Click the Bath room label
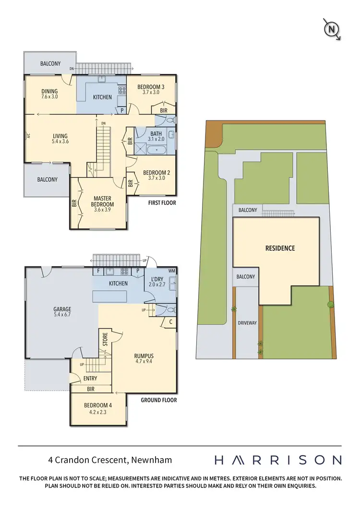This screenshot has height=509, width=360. coord(156,134)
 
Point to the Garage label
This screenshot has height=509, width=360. coord(62,309)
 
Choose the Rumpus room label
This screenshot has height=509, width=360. coord(144,355)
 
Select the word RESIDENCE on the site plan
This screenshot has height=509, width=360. coord(280,249)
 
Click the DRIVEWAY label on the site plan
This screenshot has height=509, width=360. coord(248,323)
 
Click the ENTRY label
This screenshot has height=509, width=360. coord(90,379)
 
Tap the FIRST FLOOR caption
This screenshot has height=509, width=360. coord(162,203)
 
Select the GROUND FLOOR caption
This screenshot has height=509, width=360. coord(158,400)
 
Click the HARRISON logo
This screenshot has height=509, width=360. coord(277,460)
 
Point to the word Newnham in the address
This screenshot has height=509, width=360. coord(151,460)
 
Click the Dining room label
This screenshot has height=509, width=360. coord(49,91)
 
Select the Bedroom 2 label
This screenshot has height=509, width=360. coord(156,173)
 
